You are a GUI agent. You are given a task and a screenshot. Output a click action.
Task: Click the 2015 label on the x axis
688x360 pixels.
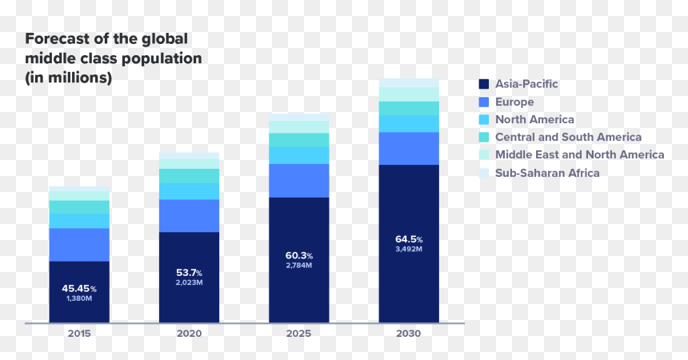click(79, 334)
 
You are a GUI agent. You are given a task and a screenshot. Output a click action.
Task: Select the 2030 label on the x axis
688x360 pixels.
click(409, 334)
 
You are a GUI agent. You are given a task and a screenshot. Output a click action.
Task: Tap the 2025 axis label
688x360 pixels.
click(299, 334)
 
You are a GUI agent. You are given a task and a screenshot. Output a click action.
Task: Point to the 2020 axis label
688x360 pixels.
click(189, 334)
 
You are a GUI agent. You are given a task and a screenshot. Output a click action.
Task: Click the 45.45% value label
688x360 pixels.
click(79, 289)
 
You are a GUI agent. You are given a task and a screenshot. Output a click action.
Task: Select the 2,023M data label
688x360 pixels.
click(189, 282)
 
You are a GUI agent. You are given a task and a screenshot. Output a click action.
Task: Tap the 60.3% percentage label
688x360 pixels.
click(299, 255)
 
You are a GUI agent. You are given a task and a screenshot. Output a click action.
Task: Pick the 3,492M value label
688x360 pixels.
click(409, 249)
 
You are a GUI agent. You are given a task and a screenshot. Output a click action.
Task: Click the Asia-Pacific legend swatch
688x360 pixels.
click(484, 84)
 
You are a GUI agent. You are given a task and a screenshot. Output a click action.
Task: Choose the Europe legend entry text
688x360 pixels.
click(514, 102)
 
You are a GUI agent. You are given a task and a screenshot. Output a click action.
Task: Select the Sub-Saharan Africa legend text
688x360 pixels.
click(547, 173)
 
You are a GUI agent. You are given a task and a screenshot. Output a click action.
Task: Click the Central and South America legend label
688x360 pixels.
click(568, 137)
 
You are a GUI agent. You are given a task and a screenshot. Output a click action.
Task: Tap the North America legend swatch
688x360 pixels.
click(484, 119)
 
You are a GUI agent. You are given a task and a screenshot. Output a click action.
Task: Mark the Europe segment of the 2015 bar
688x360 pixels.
click(79, 245)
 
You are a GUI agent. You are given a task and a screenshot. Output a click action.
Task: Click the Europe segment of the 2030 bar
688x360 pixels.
click(409, 148)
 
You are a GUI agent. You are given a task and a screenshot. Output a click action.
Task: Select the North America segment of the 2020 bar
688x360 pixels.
click(189, 191)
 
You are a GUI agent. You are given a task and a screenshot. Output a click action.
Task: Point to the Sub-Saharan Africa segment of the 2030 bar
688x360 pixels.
click(409, 83)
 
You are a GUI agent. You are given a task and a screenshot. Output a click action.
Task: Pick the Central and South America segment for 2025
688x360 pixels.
click(299, 140)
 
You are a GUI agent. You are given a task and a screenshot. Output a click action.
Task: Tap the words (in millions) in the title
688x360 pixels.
click(69, 78)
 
